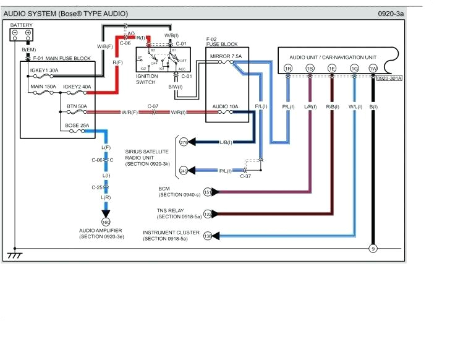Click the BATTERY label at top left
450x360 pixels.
21,25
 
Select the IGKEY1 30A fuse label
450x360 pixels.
44,70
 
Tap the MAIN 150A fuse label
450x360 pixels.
43,87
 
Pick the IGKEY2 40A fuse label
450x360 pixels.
77,87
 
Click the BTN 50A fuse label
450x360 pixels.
77,106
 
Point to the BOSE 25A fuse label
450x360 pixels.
77,126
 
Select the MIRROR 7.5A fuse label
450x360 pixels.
226,56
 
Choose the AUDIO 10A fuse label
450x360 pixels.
225,106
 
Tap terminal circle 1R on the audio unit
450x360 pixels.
287,68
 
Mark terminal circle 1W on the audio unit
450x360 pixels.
373,68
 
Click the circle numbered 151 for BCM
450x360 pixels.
208,192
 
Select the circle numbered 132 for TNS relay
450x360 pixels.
208,214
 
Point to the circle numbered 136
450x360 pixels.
208,236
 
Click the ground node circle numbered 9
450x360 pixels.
373,249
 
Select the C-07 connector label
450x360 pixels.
153,106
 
